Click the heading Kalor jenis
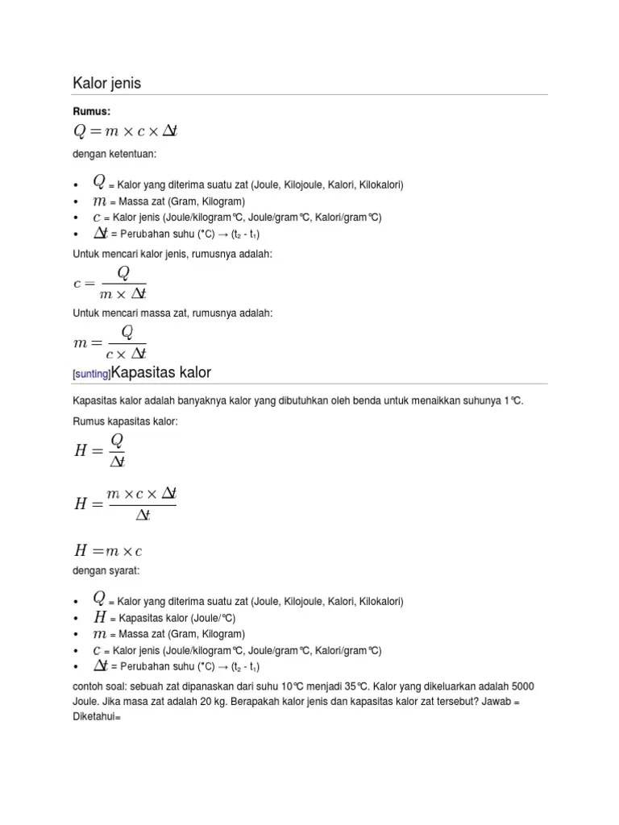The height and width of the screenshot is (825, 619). [107, 83]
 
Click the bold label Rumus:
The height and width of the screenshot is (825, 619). [90, 110]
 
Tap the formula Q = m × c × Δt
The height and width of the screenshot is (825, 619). [125, 131]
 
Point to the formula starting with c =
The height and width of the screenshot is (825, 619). [109, 283]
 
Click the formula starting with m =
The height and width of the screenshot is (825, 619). [110, 342]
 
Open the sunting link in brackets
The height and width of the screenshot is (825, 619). [92, 375]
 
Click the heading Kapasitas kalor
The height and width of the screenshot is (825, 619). [160, 372]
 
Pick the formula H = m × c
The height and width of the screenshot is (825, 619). [108, 551]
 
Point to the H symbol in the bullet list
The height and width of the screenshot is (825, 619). [100, 617]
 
